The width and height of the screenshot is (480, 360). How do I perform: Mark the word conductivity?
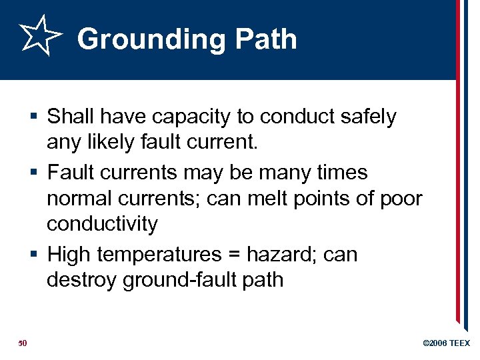(102, 225)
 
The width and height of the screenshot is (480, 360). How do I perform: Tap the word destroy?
(82, 280)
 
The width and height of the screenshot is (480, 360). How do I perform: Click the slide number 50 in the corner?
(22, 343)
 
